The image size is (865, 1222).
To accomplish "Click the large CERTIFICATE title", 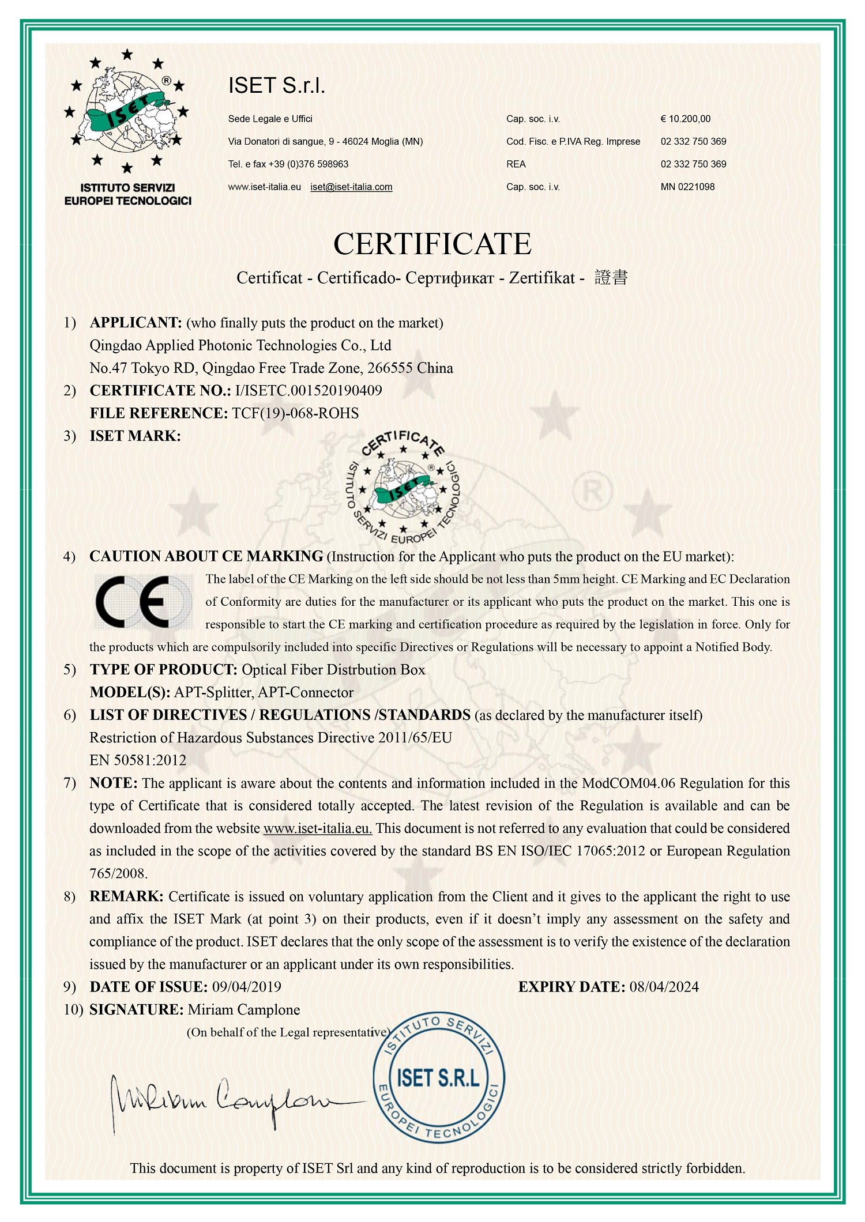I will [432, 244].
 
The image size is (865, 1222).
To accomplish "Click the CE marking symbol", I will [143, 602].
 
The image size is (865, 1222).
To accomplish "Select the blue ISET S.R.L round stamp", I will [439, 1078].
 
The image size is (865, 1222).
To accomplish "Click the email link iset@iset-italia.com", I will [351, 187].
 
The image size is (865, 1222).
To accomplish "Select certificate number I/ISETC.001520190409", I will [308, 391].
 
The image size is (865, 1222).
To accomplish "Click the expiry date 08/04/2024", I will [664, 987].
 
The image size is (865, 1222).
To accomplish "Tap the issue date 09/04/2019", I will [247, 987].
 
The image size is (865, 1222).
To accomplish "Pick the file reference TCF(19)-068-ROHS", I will [295, 413].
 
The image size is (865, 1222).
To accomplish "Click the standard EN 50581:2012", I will [138, 760].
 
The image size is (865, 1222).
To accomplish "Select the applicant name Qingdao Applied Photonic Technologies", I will [240, 345].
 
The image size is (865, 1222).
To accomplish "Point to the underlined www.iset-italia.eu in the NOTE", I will [317, 828].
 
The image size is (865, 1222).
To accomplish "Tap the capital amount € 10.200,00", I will [685, 119].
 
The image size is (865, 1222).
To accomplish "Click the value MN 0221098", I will [687, 187].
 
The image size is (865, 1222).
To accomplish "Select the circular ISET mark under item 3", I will [403, 488].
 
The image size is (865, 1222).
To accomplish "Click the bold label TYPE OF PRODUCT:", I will [163, 670].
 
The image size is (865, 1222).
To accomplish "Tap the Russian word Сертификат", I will [450, 278].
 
